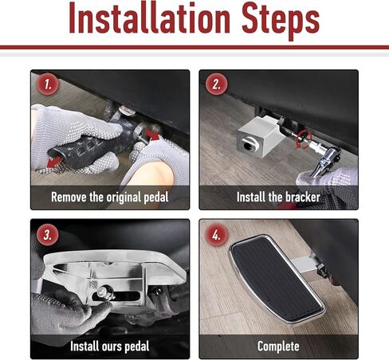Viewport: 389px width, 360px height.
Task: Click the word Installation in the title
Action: [149, 18]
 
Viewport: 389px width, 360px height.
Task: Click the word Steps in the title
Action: [281, 22]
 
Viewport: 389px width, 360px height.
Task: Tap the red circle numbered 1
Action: [48, 84]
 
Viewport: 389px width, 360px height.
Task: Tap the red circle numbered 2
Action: [216, 84]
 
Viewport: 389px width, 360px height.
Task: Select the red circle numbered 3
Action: [48, 235]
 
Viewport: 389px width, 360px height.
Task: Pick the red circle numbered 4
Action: [216, 235]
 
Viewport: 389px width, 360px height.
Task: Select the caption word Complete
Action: [278, 346]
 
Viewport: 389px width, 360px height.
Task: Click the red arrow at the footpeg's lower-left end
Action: [54, 162]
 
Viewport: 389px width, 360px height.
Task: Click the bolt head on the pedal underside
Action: [103, 292]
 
